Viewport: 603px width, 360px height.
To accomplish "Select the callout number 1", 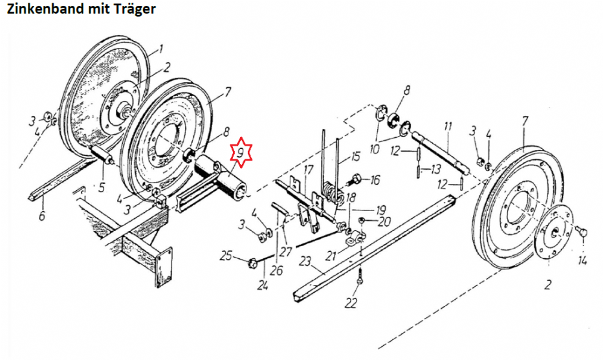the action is click(x=160, y=49).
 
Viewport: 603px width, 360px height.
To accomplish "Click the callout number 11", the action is click(x=448, y=126).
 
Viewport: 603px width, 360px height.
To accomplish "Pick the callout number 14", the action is click(x=582, y=261).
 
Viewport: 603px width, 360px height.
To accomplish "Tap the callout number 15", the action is click(x=355, y=156).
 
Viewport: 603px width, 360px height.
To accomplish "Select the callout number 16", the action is click(x=375, y=180).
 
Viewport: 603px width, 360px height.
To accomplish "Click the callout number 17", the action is click(x=309, y=170).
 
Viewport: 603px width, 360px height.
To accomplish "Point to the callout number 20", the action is click(x=384, y=221).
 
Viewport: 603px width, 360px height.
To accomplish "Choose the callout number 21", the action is click(x=331, y=255).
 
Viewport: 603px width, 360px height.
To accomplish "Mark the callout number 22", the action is click(x=351, y=304).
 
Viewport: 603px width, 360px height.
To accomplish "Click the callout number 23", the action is click(x=305, y=262).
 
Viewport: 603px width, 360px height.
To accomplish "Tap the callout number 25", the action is click(x=226, y=255).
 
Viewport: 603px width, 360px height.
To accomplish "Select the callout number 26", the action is click(x=276, y=270).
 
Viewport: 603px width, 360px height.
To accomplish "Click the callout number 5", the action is click(x=101, y=188).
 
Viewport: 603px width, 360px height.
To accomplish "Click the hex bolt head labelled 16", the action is click(x=357, y=179).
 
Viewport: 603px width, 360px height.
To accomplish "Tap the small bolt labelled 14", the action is click(x=582, y=231).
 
